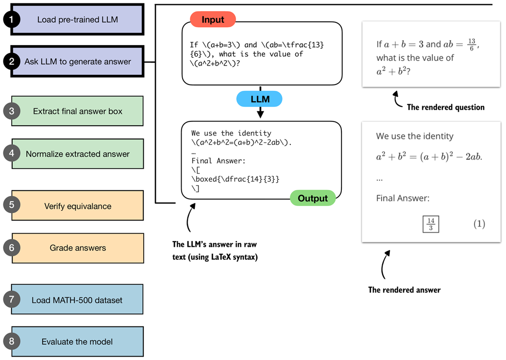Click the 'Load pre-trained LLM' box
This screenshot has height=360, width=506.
coord(78,20)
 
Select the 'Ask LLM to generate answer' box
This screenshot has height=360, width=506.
coord(78,62)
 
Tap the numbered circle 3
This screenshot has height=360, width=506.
coord(12,111)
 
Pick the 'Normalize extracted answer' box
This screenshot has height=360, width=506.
coord(78,154)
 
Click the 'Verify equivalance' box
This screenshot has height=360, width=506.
coord(78,206)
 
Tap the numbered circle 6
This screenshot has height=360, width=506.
coord(12,248)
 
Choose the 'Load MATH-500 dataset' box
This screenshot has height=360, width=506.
coord(77,300)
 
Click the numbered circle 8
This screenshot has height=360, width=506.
coord(12,342)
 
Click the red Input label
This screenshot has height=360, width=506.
coord(213,20)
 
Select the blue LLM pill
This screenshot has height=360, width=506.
coord(260,100)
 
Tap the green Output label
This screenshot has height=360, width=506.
coord(313,198)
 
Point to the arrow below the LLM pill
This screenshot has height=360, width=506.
coord(260,113)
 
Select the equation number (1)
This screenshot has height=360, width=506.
coord(479,224)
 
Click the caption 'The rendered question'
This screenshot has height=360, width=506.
coord(445,107)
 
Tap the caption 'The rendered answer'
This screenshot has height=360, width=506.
coord(404,290)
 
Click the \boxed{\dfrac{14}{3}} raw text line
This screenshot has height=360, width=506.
coord(236,179)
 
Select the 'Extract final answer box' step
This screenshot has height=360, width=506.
coord(78,111)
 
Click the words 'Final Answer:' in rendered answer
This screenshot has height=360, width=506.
coord(403,198)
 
